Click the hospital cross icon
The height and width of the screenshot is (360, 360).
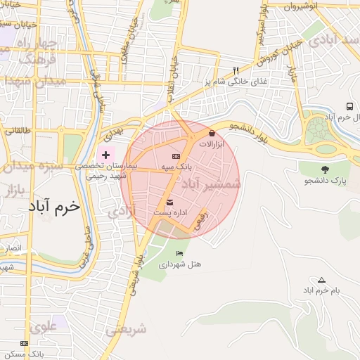point(105,154)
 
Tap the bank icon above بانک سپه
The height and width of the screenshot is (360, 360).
point(176,156)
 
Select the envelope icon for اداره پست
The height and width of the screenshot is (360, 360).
point(169,202)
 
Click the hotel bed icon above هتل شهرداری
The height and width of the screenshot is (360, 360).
point(180,253)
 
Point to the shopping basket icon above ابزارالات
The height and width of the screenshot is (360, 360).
point(212,132)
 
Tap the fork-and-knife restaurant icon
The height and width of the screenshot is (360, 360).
point(236,70)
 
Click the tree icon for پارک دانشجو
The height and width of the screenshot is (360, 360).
point(325,169)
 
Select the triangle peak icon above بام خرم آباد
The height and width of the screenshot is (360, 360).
point(322,279)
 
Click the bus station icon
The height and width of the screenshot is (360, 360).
point(349,105)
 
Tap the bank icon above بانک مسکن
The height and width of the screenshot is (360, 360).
point(25,342)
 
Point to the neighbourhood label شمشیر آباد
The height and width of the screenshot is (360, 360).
point(211,184)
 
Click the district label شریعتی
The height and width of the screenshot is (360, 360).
point(127,329)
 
